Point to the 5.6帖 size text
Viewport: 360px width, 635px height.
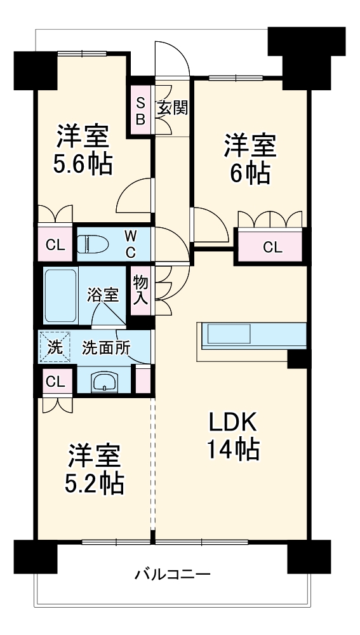coord(83,164)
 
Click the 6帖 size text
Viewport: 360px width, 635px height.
coord(250,173)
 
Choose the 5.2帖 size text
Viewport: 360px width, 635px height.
coord(94,484)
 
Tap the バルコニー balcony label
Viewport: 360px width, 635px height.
coord(172,575)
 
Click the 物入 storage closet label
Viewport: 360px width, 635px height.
coord(141,290)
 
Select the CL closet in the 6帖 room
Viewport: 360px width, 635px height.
coord(272,247)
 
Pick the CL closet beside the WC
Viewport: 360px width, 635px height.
coord(55,244)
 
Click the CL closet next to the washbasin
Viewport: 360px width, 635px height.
coord(55,382)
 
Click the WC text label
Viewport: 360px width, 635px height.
coord(130,243)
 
